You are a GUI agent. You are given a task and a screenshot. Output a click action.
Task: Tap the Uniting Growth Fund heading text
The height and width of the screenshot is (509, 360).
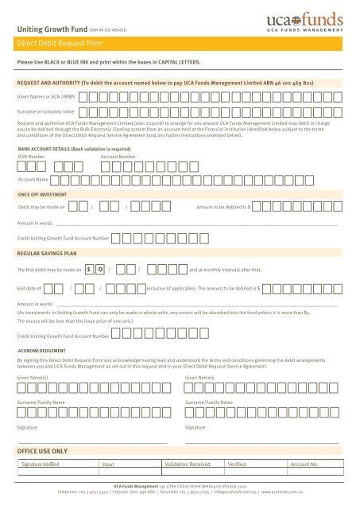coord(47,29)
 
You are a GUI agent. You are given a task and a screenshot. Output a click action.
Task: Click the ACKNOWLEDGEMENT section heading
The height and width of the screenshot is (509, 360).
coord(45,349)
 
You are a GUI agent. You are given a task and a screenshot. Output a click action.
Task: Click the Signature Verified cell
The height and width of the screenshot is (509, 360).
coord(46,462)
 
